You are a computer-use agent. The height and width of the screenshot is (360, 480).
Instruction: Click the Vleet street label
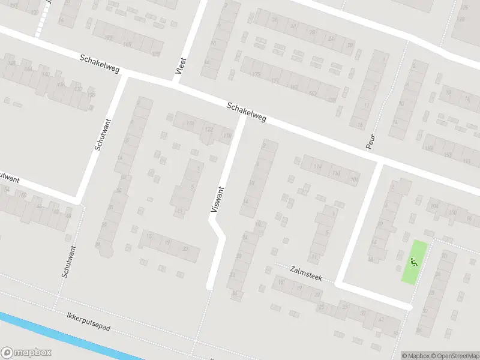pyautogui.click(x=180, y=66)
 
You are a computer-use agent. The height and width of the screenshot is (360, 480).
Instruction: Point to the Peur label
pyautogui.click(x=370, y=139)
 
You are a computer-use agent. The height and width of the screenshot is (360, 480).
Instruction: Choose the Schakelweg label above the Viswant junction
pyautogui.click(x=247, y=113)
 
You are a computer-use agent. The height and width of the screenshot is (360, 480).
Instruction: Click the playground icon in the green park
pyautogui.click(x=413, y=262)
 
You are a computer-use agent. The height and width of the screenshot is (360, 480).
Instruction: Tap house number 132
pyautogui.click(x=78, y=89)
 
